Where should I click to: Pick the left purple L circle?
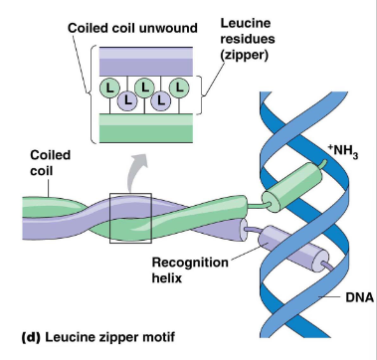[128, 102]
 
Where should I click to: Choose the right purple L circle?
[163, 102]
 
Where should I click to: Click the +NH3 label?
[341, 150]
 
